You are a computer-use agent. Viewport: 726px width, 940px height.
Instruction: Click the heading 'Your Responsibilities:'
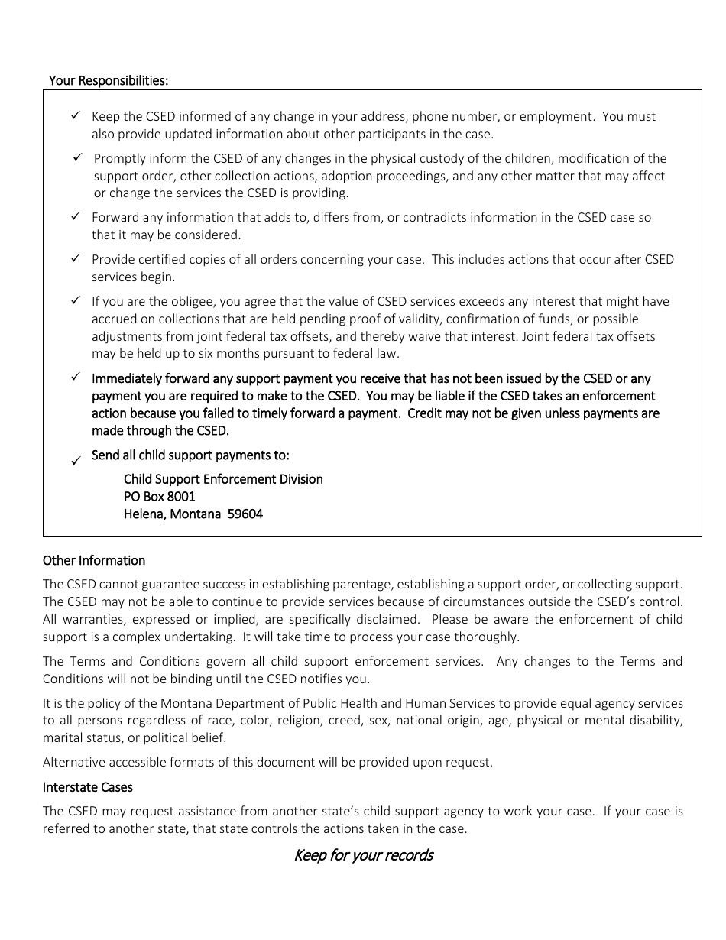coord(109,80)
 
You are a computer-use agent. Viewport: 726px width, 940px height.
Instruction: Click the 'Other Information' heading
coord(94,560)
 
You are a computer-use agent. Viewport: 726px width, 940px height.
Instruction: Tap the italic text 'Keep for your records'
coord(363,854)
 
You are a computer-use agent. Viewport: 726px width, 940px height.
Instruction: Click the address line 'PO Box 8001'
coord(160,497)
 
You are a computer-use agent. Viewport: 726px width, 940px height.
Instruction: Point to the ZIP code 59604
coord(246,514)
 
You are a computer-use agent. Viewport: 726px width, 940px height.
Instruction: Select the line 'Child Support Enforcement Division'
coord(223,479)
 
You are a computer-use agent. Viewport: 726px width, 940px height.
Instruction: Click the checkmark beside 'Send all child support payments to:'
coord(76,461)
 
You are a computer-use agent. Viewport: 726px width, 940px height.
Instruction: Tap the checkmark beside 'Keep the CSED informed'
coord(76,116)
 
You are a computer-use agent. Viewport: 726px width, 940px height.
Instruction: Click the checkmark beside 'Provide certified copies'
coord(76,259)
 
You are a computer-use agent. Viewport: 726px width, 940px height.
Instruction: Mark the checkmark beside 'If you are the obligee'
coord(76,301)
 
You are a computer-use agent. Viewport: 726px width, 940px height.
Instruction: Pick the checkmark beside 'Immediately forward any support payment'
coord(76,378)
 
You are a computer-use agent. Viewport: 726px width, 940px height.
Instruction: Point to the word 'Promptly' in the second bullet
coord(118,158)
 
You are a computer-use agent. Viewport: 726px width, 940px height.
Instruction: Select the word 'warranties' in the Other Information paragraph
coord(91,619)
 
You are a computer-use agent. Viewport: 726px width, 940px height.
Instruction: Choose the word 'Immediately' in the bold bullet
coord(127,378)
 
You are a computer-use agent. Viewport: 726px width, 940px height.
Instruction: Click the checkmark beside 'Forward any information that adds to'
coord(76,217)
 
